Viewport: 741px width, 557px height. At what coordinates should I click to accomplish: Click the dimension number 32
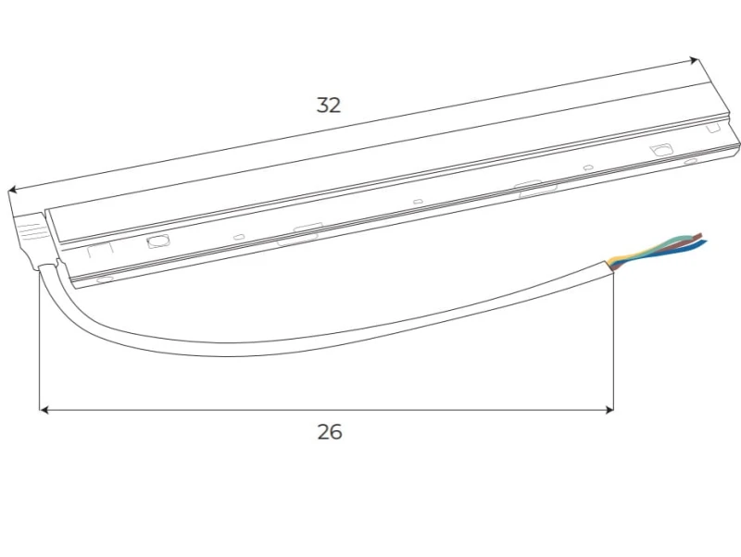(x=329, y=105)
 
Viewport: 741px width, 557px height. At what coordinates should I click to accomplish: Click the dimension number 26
(x=330, y=432)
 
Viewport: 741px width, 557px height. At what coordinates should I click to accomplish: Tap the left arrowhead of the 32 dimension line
(x=13, y=190)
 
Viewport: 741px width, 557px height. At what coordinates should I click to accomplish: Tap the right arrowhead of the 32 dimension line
(x=693, y=60)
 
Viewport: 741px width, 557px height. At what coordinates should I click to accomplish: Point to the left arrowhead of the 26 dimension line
(x=44, y=410)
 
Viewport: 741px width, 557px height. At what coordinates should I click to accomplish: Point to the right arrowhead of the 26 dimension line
(x=609, y=410)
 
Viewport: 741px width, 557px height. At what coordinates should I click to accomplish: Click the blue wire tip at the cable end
(x=703, y=242)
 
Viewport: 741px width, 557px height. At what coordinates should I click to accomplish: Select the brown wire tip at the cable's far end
(x=697, y=235)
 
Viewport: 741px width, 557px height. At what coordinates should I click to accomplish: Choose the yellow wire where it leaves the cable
(x=618, y=259)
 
